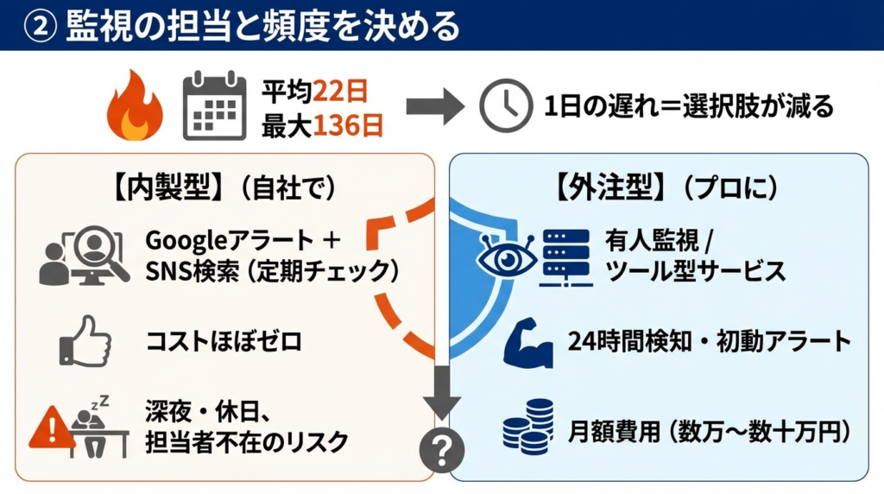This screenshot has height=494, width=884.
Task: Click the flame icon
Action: [134, 107]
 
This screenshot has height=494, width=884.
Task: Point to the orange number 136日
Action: [348, 126]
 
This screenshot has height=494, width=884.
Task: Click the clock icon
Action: [505, 107]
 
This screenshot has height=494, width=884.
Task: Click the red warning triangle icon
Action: [51, 428]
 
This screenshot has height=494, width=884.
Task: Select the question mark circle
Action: [441, 448]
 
